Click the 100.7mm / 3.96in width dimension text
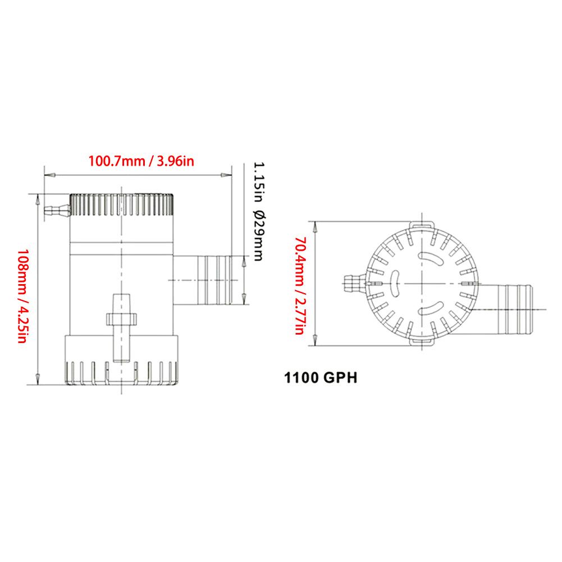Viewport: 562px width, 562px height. point(141,161)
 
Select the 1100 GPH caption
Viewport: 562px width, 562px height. point(321,377)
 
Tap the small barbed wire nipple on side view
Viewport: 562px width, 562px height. point(56,211)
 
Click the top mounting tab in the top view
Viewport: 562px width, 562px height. point(421,224)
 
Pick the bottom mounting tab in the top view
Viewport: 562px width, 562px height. point(421,341)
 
